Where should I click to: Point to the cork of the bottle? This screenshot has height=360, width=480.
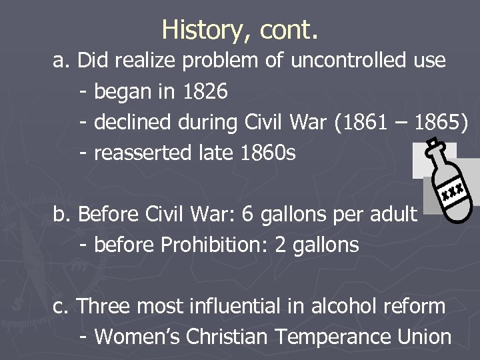click(434, 144)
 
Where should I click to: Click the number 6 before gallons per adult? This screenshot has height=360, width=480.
click(247, 215)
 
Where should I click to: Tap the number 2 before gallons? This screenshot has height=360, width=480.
click(280, 245)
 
